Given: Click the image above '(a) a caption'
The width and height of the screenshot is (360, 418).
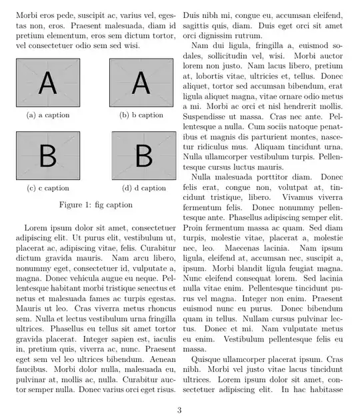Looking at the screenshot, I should [48, 83].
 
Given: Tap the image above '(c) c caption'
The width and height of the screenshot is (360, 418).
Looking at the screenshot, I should [48, 155].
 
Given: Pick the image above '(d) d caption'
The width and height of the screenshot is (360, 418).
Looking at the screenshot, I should [143, 155].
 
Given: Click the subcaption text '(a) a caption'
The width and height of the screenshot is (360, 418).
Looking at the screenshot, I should [48, 115].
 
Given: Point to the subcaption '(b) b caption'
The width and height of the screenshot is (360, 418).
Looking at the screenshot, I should [141, 115].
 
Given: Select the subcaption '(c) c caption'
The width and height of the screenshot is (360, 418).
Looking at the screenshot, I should [48, 188].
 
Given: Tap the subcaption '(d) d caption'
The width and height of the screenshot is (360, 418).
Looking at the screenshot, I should [143, 188].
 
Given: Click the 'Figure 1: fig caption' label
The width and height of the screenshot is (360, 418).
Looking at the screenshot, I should [95, 205].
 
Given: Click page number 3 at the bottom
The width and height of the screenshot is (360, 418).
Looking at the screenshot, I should [179, 409].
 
